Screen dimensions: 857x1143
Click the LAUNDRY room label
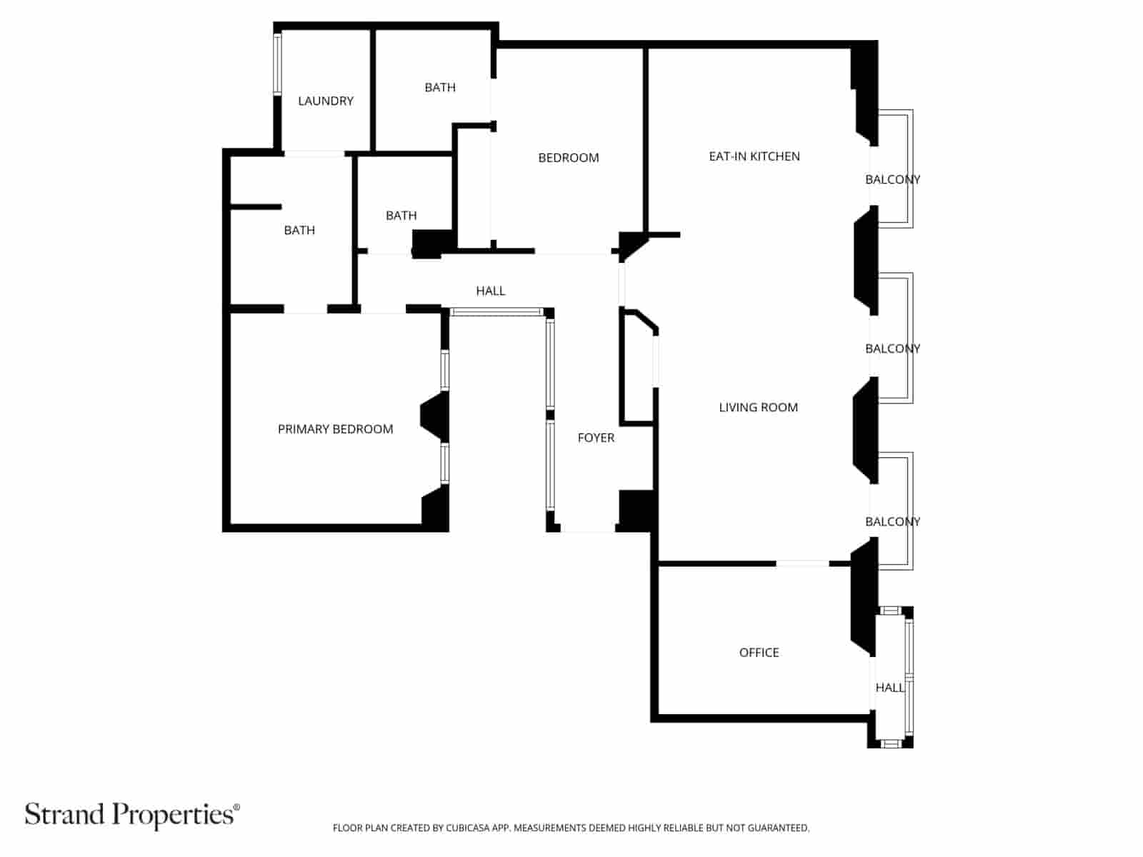click(326, 101)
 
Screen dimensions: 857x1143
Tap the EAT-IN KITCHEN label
click(754, 156)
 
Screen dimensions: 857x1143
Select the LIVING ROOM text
click(758, 407)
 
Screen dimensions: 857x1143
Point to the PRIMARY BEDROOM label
click(335, 429)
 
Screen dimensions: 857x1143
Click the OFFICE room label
click(759, 652)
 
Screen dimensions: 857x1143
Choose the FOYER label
click(596, 438)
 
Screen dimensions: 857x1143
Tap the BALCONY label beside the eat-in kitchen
click(892, 179)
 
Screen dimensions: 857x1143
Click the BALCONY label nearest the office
click(892, 521)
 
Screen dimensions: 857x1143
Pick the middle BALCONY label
click(892, 349)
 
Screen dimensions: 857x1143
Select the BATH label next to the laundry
click(440, 87)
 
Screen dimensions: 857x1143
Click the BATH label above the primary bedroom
click(299, 230)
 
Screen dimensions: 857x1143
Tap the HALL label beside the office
click(889, 687)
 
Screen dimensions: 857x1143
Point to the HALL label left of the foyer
click(490, 291)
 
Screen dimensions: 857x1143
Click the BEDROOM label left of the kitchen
click(569, 158)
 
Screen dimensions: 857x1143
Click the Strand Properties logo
click(132, 814)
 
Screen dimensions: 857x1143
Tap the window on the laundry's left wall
click(277, 64)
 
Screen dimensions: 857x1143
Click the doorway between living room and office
click(802, 563)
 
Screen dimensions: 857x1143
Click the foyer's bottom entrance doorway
click(587, 528)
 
